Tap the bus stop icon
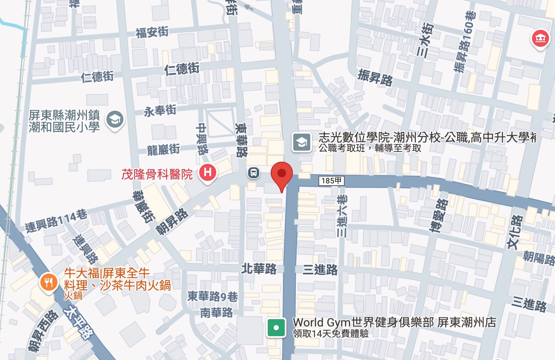coord(254,173)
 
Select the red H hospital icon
coord(208,173)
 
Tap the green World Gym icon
coord(276,328)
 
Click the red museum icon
coord(540,39)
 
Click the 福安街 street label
coord(152,32)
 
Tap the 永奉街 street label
coord(160,111)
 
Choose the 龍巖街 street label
coord(163,149)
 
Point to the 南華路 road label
coord(217,312)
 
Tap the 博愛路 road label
coord(438,216)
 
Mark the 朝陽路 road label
coord(539,257)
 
